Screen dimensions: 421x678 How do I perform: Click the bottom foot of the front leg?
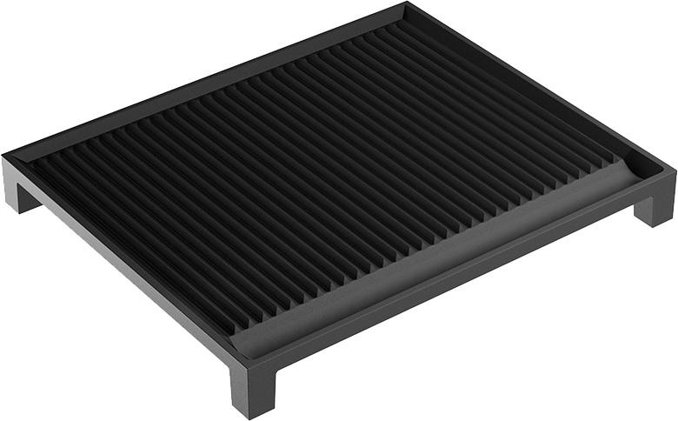click(252, 414)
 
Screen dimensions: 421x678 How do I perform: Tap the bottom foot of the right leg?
click(657, 223)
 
